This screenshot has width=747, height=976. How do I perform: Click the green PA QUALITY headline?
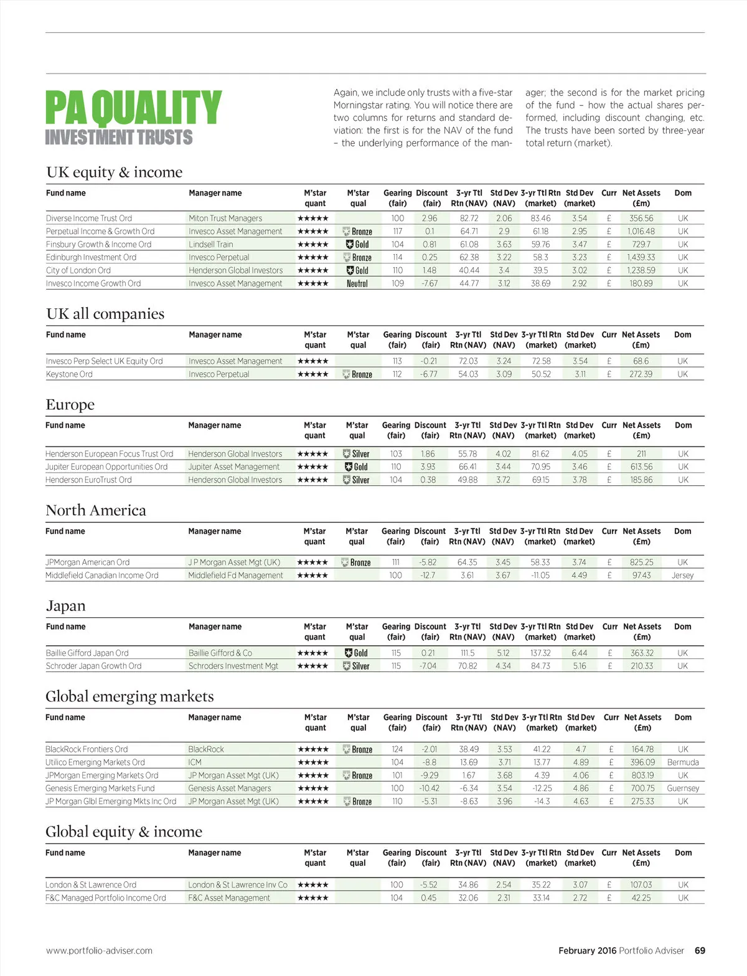click(x=133, y=107)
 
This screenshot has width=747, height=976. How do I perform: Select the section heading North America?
click(x=96, y=510)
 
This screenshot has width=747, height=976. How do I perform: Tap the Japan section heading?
click(x=65, y=606)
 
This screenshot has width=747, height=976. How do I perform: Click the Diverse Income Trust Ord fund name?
click(x=89, y=218)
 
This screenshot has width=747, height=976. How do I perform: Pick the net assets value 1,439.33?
click(x=641, y=257)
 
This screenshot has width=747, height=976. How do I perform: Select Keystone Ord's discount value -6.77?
click(x=428, y=374)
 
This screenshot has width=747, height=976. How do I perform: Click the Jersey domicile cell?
click(x=682, y=576)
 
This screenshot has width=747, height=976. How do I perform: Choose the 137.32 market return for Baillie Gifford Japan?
click(x=540, y=653)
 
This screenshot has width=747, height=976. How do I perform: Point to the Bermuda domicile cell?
click(x=683, y=762)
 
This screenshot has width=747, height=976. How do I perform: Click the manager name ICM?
click(x=195, y=762)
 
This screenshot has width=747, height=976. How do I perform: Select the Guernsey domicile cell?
click(x=683, y=788)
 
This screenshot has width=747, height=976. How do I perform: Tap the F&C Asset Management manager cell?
click(x=229, y=898)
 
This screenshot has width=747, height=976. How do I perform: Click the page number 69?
click(x=700, y=950)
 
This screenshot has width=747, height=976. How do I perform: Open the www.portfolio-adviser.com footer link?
click(x=99, y=950)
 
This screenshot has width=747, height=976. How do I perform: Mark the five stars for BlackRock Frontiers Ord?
click(x=313, y=749)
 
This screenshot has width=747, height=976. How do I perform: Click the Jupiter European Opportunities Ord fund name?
click(x=106, y=467)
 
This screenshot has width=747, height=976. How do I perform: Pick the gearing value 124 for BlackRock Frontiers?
click(x=397, y=749)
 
